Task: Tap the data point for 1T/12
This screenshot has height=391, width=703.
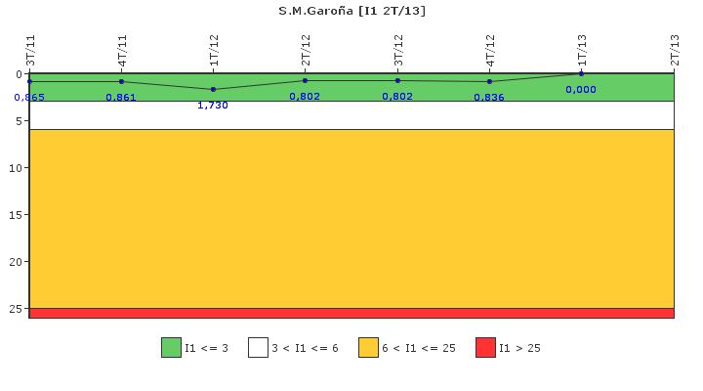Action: [214, 89]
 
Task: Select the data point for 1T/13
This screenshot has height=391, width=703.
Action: [582, 73]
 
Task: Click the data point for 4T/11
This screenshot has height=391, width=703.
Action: [121, 82]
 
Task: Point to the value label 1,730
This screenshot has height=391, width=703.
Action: [213, 106]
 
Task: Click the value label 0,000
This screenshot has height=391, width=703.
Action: [581, 90]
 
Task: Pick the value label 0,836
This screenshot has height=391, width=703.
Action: [489, 98]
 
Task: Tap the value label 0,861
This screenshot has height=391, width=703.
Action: [121, 98]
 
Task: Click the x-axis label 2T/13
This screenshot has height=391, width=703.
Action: [675, 50]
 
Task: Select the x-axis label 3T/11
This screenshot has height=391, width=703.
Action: [30, 50]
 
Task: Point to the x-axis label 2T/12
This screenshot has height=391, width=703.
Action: [306, 50]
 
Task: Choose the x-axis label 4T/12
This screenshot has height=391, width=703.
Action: [490, 50]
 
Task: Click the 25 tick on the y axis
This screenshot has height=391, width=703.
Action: [16, 309]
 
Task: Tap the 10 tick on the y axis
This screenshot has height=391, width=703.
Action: [16, 168]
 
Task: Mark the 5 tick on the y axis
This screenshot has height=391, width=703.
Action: [19, 121]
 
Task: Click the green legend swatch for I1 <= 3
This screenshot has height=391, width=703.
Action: [171, 347]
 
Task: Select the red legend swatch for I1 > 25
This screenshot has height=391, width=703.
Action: [485, 347]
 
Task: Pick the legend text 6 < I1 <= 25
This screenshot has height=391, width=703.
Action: [419, 348]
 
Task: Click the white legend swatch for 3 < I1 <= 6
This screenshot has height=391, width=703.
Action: [258, 347]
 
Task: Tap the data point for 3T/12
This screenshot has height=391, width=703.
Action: [397, 81]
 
